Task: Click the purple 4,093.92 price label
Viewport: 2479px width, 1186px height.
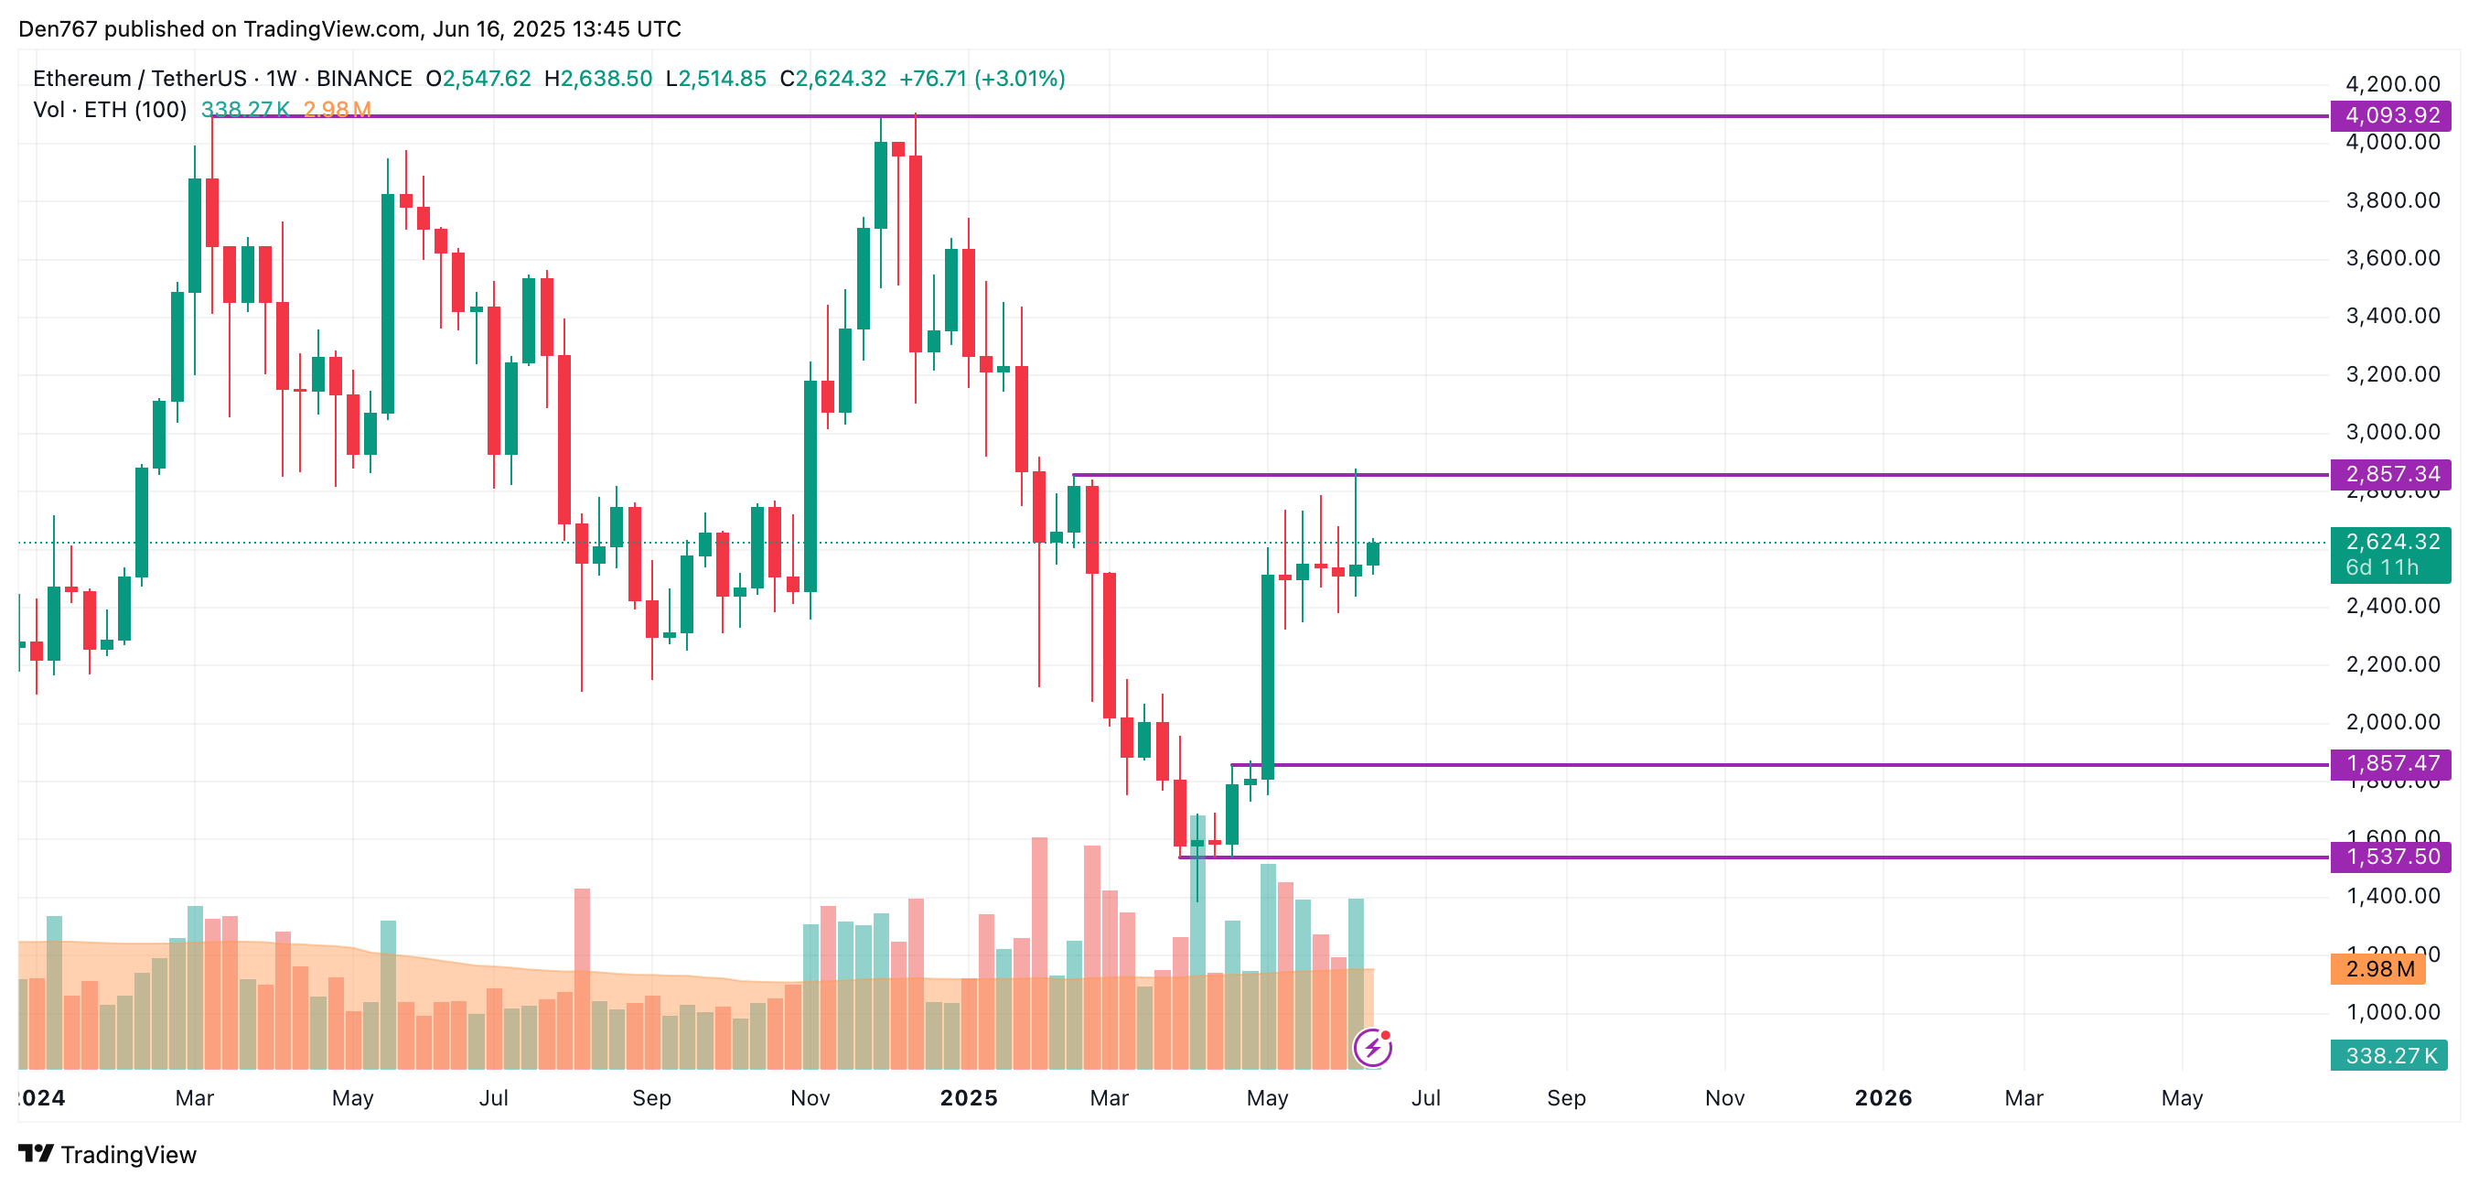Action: point(2390,115)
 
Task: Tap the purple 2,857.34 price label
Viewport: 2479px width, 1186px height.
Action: point(2390,475)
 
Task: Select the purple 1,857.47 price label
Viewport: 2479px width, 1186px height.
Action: point(2390,764)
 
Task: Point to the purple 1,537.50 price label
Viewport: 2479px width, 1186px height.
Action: point(2390,857)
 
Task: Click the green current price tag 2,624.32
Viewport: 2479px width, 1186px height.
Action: point(2390,543)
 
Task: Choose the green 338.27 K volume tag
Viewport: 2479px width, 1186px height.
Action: point(2388,1056)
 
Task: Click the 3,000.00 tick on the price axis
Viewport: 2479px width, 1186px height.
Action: point(2392,432)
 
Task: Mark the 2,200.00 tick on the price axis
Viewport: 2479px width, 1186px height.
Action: point(2392,664)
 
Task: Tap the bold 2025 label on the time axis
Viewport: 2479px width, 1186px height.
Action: point(968,1098)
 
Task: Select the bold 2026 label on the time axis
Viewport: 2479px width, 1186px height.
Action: point(1883,1098)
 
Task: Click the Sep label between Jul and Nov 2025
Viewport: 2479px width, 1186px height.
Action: point(1566,1098)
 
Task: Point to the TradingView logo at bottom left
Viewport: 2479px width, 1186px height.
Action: point(108,1154)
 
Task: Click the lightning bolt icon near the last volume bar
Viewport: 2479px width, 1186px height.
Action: point(1372,1048)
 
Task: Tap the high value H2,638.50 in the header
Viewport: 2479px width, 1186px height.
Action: point(597,79)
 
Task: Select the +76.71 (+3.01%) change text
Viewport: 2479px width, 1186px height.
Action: point(982,79)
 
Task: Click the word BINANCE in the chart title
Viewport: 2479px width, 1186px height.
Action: point(364,79)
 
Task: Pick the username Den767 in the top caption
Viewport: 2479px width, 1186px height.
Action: point(58,29)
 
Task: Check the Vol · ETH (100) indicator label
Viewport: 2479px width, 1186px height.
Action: point(110,110)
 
